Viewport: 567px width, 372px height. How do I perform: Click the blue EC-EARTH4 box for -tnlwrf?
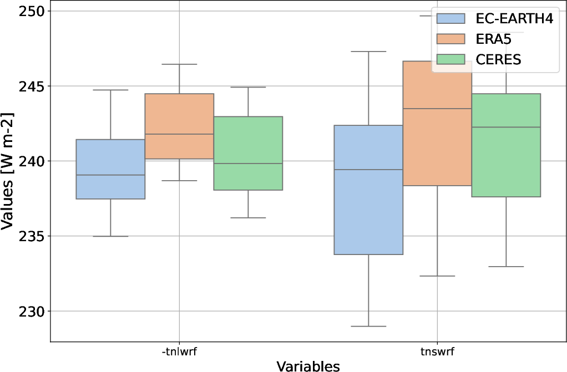point(110,169)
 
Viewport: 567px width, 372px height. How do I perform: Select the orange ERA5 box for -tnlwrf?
point(179,126)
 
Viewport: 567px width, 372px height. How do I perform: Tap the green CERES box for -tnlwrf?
point(248,153)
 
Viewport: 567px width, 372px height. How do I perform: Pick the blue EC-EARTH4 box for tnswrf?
point(368,190)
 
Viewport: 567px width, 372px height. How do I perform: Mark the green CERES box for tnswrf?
point(506,145)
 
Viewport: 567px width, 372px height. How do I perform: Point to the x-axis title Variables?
point(308,365)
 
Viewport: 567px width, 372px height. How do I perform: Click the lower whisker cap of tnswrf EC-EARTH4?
point(368,326)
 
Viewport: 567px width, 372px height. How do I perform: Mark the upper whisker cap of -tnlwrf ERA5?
point(179,64)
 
